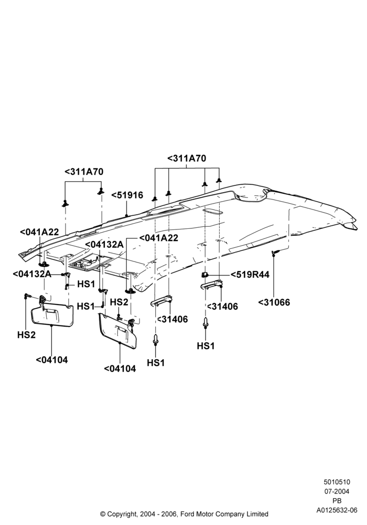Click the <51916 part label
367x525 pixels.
coord(127,195)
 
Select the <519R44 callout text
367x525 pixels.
coord(250,275)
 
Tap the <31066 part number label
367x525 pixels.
coord(274,302)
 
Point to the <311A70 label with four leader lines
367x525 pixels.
coord(187,159)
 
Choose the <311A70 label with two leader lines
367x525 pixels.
coord(84,172)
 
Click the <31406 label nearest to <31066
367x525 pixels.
coord(223,307)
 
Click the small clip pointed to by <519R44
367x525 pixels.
coord(204,275)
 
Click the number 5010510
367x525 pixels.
coord(337,482)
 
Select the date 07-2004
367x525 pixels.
coord(337,491)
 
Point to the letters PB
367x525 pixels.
coord(337,501)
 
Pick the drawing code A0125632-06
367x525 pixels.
coord(337,510)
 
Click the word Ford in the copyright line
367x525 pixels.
coord(189,513)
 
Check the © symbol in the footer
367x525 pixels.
coord(103,514)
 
